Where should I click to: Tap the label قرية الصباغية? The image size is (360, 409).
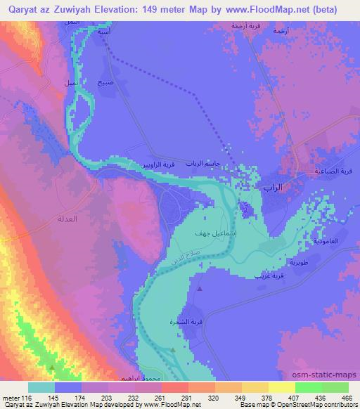point(329,170)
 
